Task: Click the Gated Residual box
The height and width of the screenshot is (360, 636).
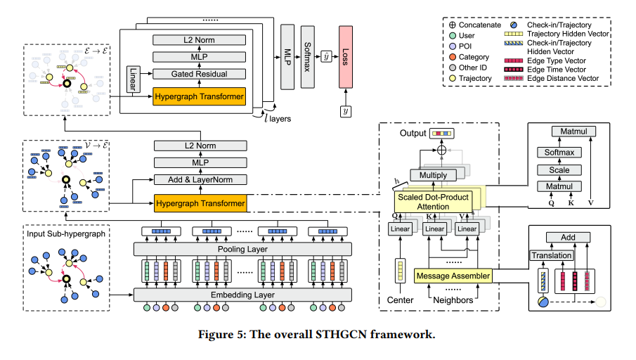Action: [199, 74]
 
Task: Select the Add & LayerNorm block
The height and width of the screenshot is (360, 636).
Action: [200, 179]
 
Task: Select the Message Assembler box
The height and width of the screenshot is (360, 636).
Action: [453, 276]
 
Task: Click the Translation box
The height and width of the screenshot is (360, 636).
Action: [551, 255]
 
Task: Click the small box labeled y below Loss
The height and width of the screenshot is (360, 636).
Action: [346, 112]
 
